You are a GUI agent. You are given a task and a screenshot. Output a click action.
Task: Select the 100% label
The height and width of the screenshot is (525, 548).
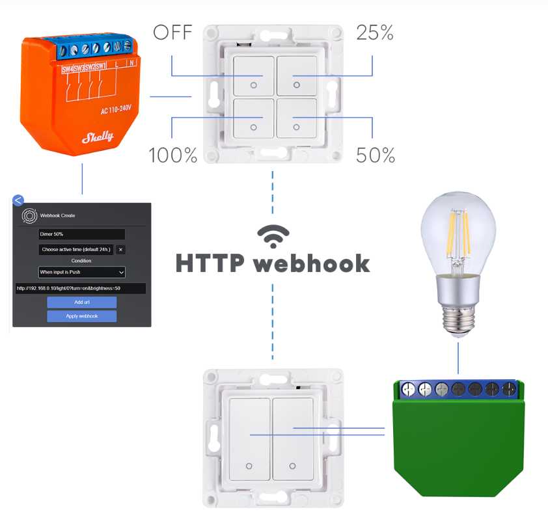172,155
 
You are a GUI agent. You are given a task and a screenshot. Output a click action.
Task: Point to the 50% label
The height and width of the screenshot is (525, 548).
376,155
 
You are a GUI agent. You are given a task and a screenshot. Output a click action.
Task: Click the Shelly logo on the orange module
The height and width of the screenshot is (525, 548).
97,137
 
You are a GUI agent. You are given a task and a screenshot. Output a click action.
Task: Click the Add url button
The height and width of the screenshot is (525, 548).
81,303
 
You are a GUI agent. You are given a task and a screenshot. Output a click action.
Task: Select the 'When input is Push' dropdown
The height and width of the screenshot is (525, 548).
81,272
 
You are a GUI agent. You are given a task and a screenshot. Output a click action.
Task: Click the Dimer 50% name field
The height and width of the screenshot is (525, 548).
81,234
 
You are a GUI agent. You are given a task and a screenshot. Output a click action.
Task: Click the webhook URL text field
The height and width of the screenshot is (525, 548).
81,288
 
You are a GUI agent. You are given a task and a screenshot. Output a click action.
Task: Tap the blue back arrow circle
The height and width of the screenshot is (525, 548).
18,200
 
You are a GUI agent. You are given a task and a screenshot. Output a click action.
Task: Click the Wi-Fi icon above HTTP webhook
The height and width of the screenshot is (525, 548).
273,237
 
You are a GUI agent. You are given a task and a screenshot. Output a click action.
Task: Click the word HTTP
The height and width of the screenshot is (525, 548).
210,263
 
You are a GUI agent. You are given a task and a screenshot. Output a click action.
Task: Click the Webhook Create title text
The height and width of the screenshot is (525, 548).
57,215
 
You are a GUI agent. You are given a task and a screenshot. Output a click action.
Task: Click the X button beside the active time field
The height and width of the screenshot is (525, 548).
120,249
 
